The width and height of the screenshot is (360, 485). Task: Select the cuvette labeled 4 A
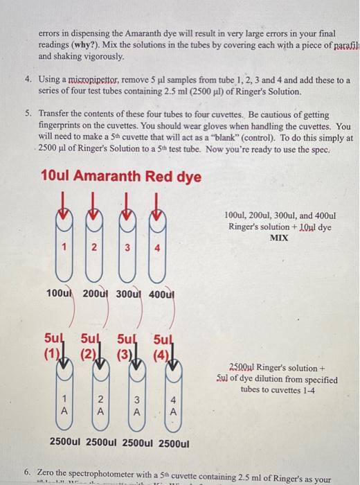point(173,403)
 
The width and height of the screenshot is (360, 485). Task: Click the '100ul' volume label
point(59,296)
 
